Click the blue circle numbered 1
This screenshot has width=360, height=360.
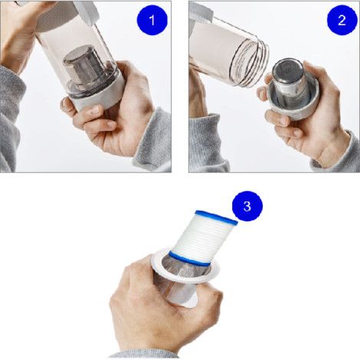(152, 21)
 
